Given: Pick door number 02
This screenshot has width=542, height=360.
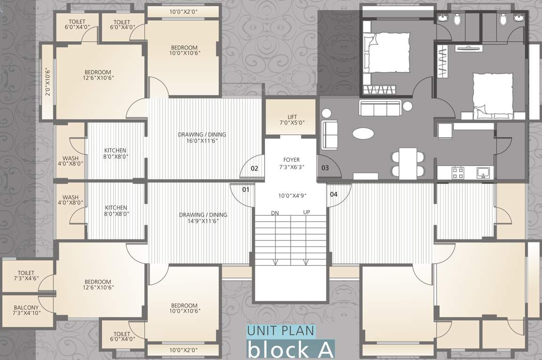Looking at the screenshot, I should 255,168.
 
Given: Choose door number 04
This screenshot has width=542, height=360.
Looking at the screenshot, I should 333,194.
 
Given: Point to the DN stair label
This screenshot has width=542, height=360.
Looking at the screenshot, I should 275,213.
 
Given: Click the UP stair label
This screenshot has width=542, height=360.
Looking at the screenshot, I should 307,212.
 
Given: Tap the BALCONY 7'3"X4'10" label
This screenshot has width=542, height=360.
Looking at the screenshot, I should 26,309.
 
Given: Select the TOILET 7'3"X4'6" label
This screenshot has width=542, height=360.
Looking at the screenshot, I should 26,276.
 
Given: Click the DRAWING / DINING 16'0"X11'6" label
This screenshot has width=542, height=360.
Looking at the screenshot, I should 202,138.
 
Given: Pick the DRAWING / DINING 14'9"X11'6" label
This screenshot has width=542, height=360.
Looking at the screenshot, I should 203,218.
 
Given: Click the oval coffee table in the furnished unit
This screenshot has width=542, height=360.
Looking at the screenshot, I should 363,134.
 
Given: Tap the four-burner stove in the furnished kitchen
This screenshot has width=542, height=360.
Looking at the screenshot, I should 458,173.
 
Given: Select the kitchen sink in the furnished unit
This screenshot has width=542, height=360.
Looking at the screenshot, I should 484,173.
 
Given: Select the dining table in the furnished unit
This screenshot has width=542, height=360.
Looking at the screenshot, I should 407,163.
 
